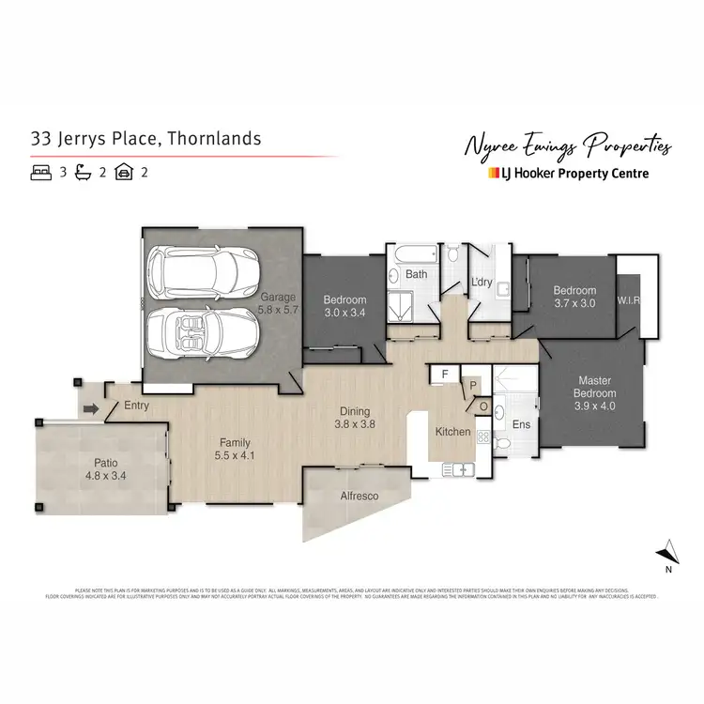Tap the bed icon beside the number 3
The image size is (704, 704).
[x=40, y=173]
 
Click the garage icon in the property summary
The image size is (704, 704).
[x=124, y=173]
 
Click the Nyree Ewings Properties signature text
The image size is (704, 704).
[x=568, y=145]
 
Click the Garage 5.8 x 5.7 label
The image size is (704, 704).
[x=279, y=302]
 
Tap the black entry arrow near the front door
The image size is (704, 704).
[x=91, y=408]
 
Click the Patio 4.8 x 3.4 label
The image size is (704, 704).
[x=105, y=469]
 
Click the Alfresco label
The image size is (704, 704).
[x=359, y=495]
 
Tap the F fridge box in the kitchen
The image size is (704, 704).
[x=444, y=374]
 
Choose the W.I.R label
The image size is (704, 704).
[x=628, y=301]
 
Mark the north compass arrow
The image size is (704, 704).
[x=667, y=552]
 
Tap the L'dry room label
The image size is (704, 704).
[x=482, y=283]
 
